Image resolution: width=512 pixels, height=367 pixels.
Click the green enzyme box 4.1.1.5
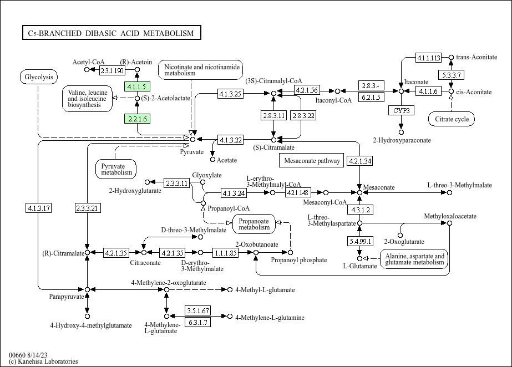coord(136,86)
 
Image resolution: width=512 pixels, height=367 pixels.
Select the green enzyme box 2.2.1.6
coord(136,119)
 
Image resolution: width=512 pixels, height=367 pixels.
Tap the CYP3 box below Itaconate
coord(401,110)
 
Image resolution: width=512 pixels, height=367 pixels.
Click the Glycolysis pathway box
coord(38,77)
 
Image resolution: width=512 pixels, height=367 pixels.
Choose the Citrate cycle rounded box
coord(452,119)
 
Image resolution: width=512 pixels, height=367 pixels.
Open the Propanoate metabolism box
coord(254,223)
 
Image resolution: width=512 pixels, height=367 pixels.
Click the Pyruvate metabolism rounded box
coord(116,169)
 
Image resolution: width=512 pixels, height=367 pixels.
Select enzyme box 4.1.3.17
coord(38,208)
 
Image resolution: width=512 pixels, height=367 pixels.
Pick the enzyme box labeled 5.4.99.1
coord(359,241)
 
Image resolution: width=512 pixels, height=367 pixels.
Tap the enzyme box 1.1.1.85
coord(225,253)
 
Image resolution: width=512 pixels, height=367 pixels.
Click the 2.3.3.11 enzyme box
coord(176,182)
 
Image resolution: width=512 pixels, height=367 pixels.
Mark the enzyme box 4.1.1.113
coord(429,58)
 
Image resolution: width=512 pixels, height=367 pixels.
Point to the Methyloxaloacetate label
coord(450,216)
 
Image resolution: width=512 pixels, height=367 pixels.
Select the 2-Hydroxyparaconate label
coord(402,140)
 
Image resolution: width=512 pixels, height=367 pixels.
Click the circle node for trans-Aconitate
coord(451,57)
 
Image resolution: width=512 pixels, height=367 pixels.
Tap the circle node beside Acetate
coord(212,160)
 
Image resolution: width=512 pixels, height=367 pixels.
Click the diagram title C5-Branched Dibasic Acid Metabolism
coord(111,33)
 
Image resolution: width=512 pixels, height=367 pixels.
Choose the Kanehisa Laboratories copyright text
coord(43,361)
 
